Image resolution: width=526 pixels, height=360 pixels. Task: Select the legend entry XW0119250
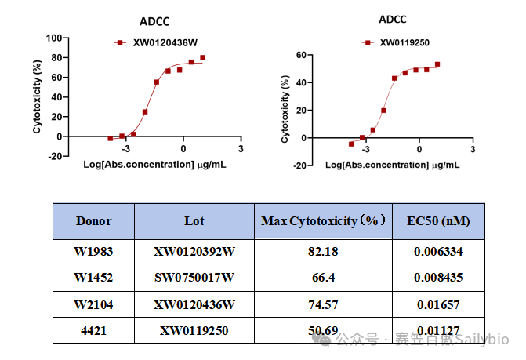tap(397, 43)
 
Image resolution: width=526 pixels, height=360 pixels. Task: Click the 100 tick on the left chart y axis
tap(54, 38)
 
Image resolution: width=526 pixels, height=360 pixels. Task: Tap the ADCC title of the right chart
tap(392, 19)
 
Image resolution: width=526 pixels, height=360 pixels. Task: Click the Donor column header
tap(93, 221)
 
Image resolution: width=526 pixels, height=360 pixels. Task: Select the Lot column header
tap(194, 221)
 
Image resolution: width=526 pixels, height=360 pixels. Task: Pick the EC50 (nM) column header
tap(438, 221)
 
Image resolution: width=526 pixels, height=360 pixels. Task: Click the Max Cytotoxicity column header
tap(323, 221)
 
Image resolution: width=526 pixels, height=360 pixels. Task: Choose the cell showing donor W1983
tap(93, 251)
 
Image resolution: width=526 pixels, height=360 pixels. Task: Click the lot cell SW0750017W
tap(194, 278)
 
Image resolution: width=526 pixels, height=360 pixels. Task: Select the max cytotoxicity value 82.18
tap(323, 251)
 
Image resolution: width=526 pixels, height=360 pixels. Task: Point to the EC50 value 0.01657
tap(438, 304)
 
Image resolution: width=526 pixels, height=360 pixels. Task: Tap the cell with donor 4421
tap(93, 331)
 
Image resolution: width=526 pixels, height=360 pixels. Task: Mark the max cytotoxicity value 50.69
tap(323, 331)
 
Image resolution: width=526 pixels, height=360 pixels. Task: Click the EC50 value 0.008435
tap(438, 278)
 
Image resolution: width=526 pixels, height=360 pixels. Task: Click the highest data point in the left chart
tap(202, 57)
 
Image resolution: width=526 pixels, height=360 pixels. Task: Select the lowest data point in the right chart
tap(351, 144)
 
